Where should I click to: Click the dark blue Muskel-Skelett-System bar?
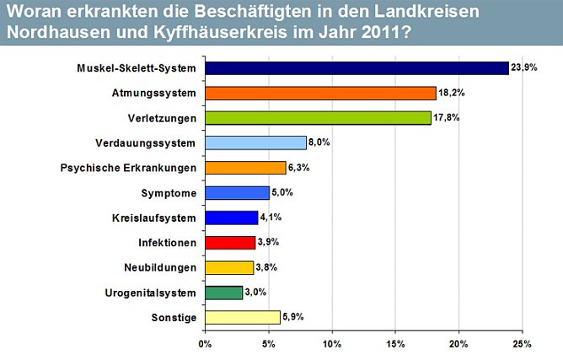(357, 68)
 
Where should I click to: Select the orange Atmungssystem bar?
(320, 93)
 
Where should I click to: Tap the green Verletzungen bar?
(318, 118)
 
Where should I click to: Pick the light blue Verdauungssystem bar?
(255, 142)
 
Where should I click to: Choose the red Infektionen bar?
(229, 243)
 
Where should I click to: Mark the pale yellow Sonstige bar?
(242, 317)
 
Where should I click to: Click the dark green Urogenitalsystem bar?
(223, 293)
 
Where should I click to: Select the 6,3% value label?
(299, 168)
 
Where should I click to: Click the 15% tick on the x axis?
(395, 344)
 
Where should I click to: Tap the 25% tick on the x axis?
(523, 344)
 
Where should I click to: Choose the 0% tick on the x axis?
(205, 344)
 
